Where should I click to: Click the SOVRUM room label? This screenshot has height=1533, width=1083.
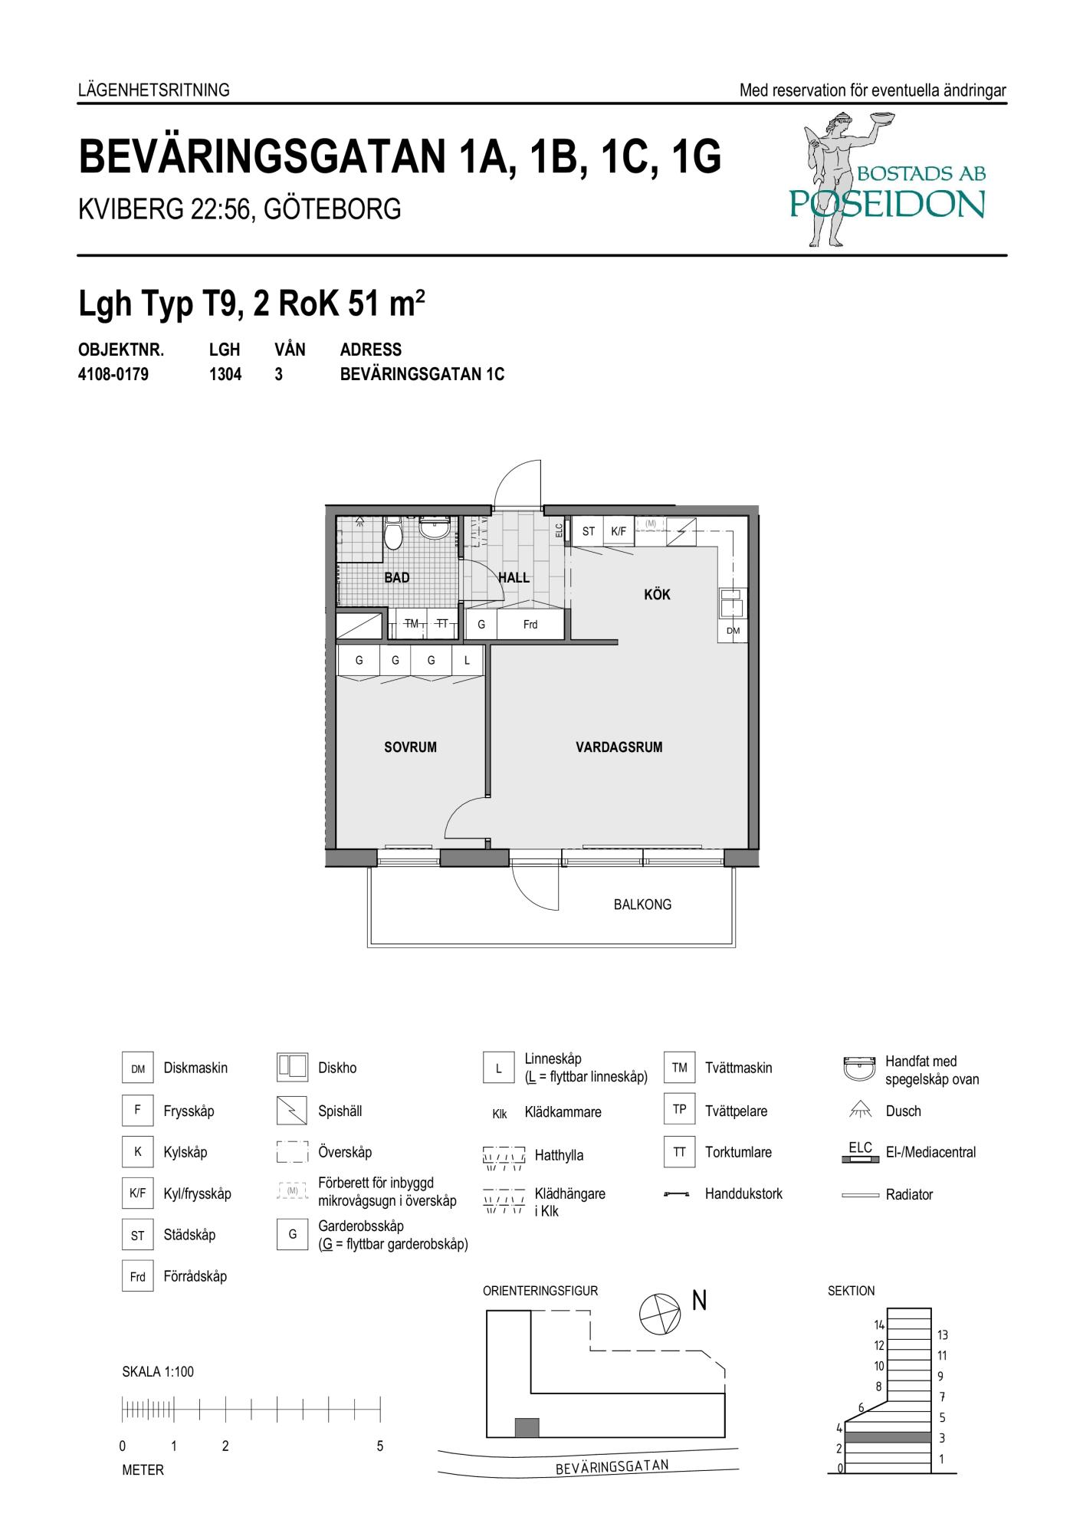click(410, 747)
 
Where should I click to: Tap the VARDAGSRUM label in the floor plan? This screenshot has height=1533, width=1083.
click(619, 747)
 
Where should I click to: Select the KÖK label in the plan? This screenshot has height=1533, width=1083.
click(657, 594)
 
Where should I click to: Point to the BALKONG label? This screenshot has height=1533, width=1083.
click(642, 904)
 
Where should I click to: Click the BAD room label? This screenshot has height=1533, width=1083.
click(397, 577)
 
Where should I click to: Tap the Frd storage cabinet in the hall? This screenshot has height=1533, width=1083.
click(530, 625)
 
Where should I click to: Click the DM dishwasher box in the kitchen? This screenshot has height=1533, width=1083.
click(733, 631)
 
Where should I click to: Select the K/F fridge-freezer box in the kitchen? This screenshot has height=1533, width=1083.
click(619, 530)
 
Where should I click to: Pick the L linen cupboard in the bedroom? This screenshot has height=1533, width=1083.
click(467, 660)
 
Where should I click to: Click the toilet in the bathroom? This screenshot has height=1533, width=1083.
click(393, 533)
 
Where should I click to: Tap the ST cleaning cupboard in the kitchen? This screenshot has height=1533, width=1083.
click(589, 530)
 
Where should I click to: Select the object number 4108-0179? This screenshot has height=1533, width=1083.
click(113, 375)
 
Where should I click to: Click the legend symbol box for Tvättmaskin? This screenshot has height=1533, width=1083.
click(679, 1068)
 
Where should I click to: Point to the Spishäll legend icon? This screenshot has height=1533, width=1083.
click(292, 1111)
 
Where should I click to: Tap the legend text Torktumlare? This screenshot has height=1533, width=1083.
click(738, 1152)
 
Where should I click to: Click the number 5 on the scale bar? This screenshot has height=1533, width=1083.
click(380, 1446)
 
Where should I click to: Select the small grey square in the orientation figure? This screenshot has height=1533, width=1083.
click(527, 1427)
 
